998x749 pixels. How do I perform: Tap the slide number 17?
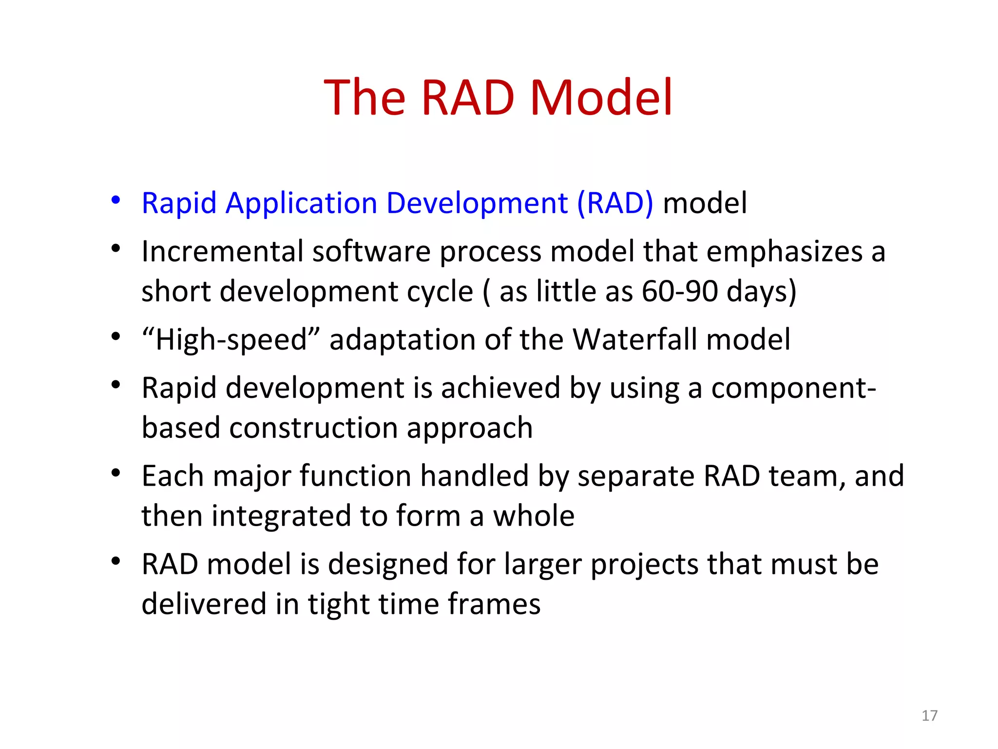[929, 715]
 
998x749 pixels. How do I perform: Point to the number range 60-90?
[679, 291]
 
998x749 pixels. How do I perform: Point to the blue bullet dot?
[115, 200]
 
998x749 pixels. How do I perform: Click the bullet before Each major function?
[115, 473]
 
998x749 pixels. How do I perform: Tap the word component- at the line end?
[793, 389]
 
